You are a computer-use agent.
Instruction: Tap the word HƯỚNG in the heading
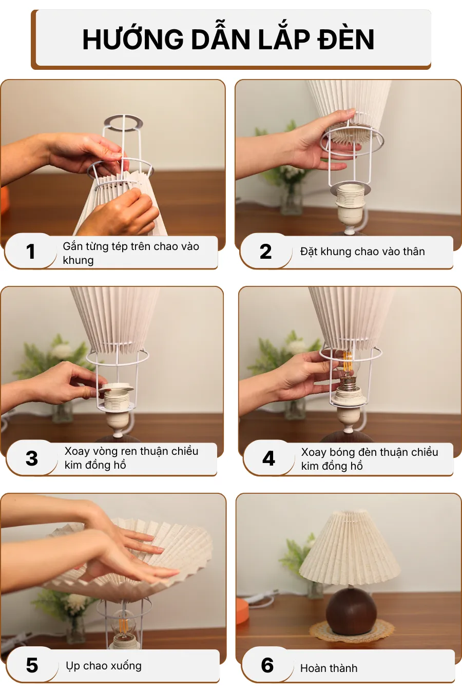coord(132,40)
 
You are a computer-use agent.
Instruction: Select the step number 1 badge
coord(31,252)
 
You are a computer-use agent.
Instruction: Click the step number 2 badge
coord(265,252)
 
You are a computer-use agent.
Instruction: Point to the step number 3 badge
coord(32,458)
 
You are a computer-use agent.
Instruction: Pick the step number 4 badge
coord(268,458)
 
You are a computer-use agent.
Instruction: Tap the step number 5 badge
coord(32,665)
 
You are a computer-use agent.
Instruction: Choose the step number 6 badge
coord(267,665)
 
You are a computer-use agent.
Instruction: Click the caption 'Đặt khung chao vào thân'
coord(362,252)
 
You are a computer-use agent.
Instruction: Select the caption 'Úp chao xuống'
coord(104,666)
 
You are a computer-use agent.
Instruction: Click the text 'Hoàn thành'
coord(329,668)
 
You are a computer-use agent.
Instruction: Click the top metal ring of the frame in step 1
coord(123,122)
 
